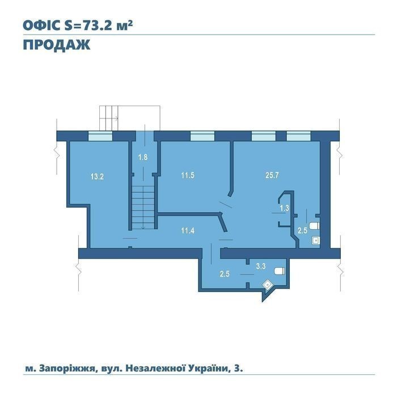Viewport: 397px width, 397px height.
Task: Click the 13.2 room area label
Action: coord(97,176)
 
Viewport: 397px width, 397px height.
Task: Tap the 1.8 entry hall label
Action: coord(143,157)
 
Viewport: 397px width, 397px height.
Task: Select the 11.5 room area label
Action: coord(188,175)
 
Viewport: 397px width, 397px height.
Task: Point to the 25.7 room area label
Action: coord(272,175)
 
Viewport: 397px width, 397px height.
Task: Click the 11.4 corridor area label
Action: coord(188,231)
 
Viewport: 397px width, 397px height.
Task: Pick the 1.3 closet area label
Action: coord(284,208)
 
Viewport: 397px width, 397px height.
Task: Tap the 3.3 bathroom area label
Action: coord(261,266)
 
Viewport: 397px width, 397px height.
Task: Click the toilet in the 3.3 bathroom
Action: coord(280,271)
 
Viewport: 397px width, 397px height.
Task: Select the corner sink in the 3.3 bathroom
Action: coord(267,285)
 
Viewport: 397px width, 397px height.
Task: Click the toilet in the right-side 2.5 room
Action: coord(314,226)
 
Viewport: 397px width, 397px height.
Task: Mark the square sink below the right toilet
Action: coord(315,240)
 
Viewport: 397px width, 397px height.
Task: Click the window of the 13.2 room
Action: coord(100,136)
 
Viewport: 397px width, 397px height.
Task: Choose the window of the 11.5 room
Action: coord(202,136)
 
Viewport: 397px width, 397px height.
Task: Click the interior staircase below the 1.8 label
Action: coord(143,208)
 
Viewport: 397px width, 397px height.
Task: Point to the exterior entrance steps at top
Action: coord(109,118)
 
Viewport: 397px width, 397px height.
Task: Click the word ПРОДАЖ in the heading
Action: coord(57,45)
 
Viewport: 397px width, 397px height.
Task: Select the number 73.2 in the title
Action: coord(95,26)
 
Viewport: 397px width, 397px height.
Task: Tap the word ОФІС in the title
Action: coord(42,26)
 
